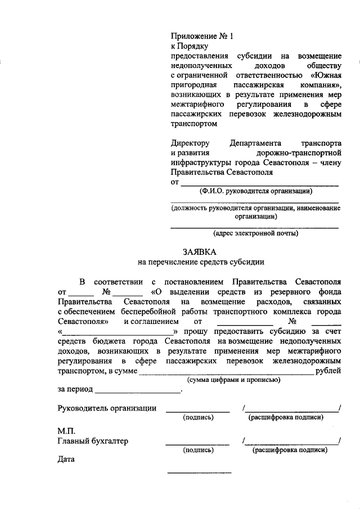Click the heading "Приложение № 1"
point(201,37)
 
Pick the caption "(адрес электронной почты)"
point(255,233)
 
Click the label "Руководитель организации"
point(107,408)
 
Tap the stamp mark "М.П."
point(66,430)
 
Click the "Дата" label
point(66,460)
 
